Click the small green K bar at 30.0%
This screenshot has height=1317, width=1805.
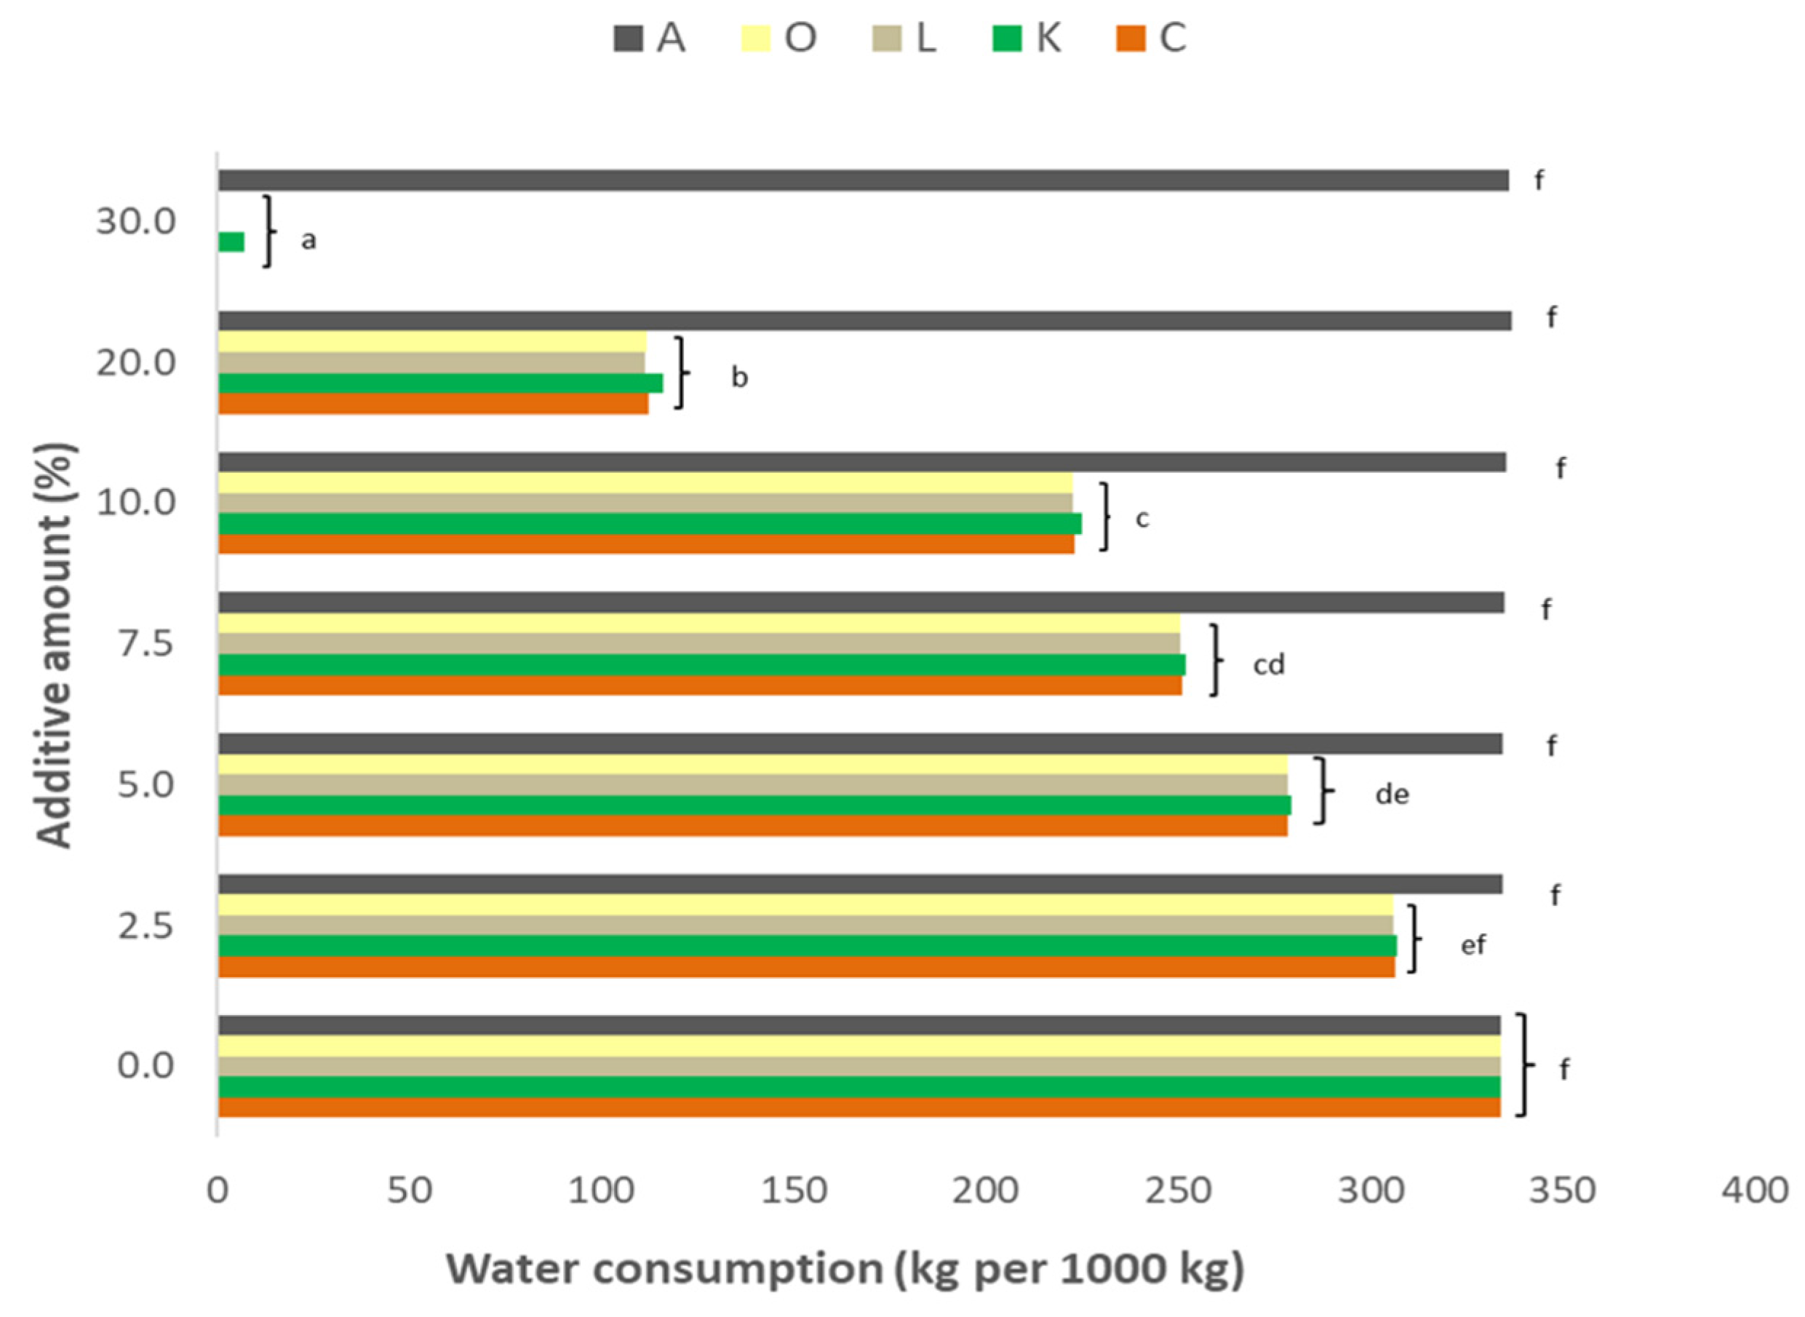231,242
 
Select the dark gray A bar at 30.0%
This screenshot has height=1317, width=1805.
862,180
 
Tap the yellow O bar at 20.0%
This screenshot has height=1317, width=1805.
432,342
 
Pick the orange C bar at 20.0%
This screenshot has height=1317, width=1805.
433,403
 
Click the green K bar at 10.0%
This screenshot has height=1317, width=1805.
650,524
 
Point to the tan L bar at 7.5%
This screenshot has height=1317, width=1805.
699,643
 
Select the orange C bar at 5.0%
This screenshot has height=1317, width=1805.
752,826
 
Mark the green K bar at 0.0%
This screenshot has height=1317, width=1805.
859,1087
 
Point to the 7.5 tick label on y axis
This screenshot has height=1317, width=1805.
145,643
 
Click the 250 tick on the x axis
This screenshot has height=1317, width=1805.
1178,1190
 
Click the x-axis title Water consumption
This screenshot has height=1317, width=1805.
845,1269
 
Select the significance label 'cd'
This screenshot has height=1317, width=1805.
1269,664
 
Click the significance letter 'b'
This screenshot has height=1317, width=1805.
739,377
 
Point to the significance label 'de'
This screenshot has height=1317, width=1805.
1392,794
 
